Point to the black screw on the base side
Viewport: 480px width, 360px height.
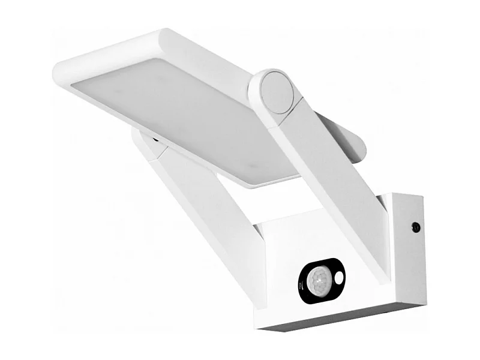click(x=415, y=227)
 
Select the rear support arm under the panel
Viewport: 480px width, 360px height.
click(x=198, y=198)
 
